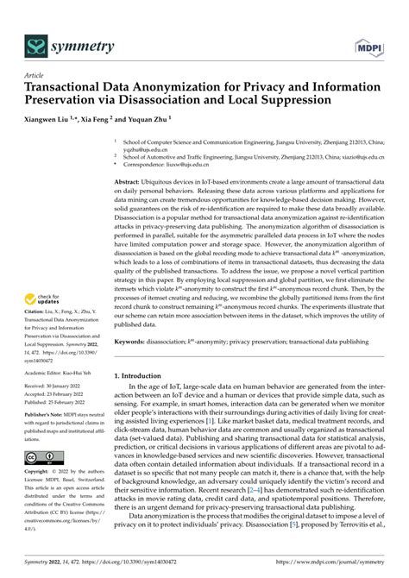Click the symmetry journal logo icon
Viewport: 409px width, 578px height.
(x=35, y=44)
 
